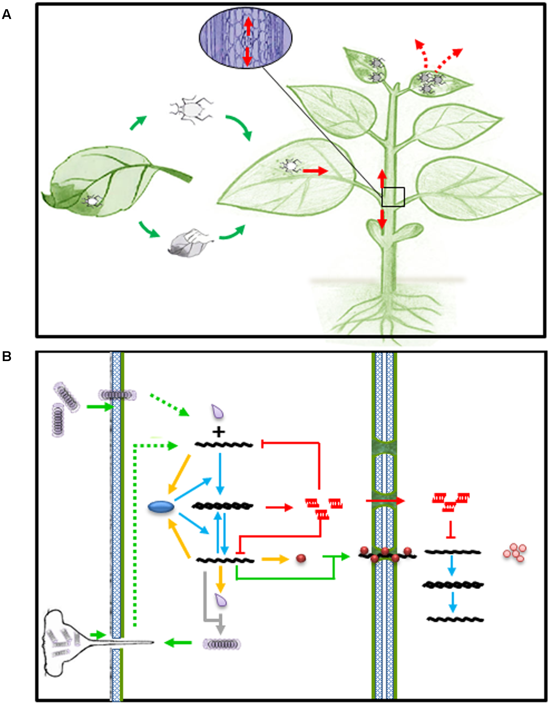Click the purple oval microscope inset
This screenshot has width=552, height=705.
(x=245, y=38)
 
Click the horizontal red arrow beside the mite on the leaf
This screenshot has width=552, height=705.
(x=315, y=171)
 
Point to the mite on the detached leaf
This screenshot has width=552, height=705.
(x=92, y=201)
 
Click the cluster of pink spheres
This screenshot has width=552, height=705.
(x=515, y=552)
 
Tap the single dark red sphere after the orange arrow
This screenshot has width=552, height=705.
(x=301, y=558)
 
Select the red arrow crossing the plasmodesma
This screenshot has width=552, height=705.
(x=384, y=501)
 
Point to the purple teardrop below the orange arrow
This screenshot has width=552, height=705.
(x=221, y=601)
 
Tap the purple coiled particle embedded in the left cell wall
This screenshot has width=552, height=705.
(x=118, y=394)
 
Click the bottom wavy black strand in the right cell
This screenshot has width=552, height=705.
(x=455, y=619)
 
